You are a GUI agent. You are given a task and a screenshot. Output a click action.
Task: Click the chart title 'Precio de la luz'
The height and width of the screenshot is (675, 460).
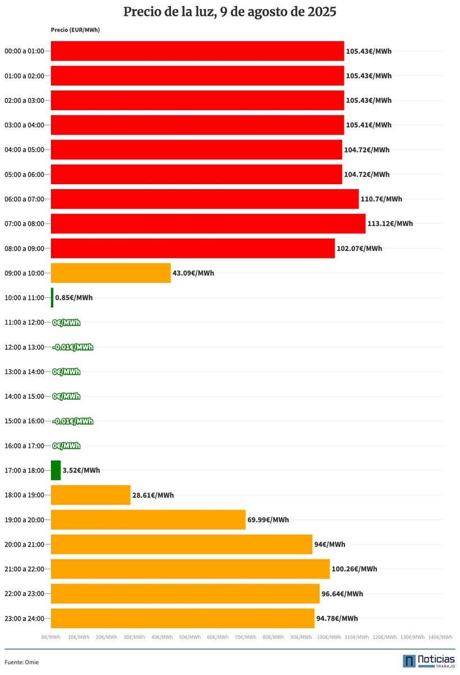229,12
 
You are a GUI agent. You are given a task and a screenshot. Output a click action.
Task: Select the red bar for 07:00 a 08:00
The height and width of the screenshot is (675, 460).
208,224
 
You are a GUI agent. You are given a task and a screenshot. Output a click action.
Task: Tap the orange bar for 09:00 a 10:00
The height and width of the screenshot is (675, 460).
111,273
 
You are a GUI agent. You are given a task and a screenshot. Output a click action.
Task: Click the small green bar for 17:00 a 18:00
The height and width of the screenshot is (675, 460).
56,470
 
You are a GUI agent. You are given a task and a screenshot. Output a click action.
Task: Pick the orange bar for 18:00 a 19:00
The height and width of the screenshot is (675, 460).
90,495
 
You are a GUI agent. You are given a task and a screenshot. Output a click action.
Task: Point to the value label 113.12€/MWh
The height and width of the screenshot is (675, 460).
390,224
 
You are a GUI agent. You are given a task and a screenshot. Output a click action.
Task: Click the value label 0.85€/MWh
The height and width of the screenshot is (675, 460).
74,298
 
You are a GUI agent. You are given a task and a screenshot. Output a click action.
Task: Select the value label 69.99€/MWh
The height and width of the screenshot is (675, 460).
268,519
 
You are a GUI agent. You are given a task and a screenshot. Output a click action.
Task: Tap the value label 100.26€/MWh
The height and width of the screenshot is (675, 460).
355,569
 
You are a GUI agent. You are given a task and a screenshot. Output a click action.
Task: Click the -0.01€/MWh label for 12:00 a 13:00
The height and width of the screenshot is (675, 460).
73,347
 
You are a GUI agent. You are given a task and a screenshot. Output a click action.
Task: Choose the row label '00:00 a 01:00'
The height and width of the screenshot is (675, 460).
24,51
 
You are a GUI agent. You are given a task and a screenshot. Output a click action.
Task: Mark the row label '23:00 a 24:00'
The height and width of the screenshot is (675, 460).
24,618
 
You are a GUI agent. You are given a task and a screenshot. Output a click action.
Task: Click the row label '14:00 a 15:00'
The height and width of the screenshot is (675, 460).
24,396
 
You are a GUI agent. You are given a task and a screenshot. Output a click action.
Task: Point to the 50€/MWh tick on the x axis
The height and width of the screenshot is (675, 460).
190,637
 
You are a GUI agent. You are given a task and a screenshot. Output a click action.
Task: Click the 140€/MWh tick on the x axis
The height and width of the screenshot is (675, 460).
440,637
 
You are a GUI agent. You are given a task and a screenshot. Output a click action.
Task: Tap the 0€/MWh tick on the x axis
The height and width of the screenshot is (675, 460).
51,637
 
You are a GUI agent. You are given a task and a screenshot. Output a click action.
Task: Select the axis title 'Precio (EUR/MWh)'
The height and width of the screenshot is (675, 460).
75,30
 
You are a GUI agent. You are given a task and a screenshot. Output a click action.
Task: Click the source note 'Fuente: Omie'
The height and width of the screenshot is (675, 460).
22,662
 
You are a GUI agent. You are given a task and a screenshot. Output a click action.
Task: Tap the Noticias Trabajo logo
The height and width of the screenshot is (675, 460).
429,661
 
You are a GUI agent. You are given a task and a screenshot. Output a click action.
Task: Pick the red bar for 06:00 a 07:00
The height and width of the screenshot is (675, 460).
204,199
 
